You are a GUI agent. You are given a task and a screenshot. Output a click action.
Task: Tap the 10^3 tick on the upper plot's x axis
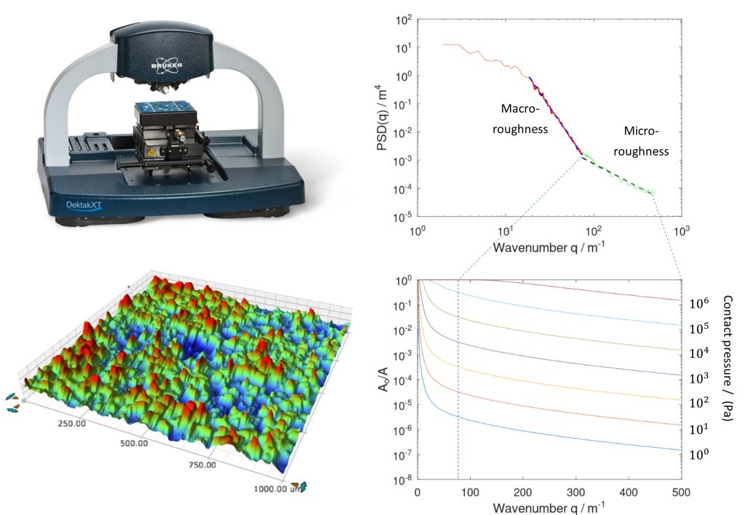point(682,231)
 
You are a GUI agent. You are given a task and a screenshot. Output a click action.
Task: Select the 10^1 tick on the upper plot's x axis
point(506,231)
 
